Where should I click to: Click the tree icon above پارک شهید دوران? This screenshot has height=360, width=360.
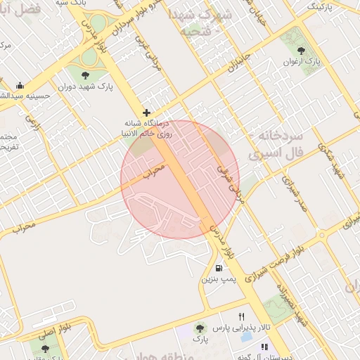(86, 75)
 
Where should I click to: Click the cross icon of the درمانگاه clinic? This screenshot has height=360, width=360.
(146, 112)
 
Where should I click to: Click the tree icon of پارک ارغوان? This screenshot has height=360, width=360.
(302, 51)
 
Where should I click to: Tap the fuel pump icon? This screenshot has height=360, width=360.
(219, 268)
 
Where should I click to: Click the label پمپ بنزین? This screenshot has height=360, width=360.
(218, 279)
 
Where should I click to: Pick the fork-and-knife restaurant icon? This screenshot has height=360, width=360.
(242, 316)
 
